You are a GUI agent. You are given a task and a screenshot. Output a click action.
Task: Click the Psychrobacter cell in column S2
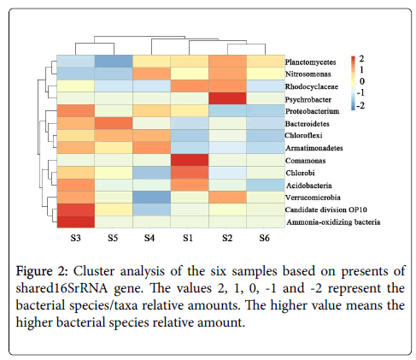point(227,98)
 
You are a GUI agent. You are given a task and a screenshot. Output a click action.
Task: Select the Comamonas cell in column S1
point(190,160)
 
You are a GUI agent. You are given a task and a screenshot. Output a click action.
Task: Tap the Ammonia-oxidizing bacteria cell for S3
point(76,221)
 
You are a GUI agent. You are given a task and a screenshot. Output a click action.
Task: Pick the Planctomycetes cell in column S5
point(114,62)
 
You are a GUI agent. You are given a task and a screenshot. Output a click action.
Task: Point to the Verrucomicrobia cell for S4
point(151,198)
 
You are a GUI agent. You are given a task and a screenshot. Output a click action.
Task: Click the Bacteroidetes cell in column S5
point(114,123)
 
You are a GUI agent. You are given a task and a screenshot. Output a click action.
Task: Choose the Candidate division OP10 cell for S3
point(76,210)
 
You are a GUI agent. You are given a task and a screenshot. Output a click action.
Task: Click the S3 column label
point(75,238)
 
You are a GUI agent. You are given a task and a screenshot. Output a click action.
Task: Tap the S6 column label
point(264,238)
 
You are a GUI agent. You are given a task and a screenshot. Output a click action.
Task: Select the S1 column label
point(188,238)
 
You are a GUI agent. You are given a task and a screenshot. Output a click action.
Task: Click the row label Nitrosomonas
point(308,74)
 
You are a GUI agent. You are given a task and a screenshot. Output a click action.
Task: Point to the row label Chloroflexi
point(303,135)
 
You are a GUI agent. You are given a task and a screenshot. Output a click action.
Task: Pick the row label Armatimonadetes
point(314,148)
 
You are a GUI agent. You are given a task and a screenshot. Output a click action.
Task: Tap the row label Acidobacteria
point(309,186)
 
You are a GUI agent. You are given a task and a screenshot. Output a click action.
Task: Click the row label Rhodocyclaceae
point(312,86)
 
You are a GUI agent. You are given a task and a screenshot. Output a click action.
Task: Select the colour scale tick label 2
point(361,59)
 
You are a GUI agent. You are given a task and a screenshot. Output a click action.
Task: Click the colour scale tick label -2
point(360,105)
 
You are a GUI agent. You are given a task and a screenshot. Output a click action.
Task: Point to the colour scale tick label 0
point(361,81)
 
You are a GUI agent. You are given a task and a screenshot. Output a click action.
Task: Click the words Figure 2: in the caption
point(42,271)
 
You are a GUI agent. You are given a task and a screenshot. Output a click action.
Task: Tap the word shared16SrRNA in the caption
point(62,288)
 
